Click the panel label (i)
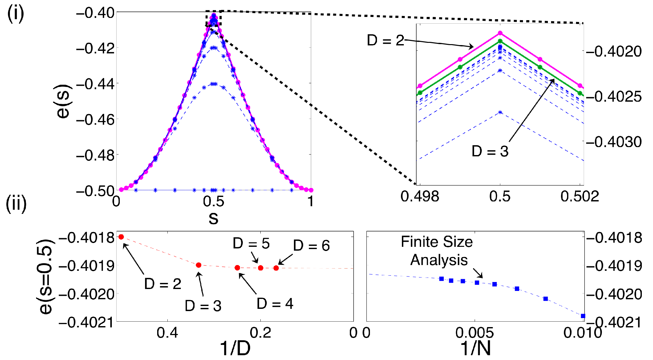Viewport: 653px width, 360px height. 15,14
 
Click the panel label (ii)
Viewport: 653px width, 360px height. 16,204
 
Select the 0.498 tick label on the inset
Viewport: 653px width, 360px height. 420,196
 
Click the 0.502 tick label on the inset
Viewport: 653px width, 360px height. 580,196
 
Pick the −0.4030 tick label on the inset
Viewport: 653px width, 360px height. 614,142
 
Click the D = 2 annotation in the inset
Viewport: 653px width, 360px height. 386,41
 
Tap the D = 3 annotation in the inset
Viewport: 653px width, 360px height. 490,151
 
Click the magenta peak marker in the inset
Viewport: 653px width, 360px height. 500,33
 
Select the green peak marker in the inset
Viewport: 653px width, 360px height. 500,41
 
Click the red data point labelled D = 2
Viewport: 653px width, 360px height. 121,237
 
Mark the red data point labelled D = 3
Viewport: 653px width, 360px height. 198,265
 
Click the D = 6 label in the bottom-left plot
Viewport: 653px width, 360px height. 311,246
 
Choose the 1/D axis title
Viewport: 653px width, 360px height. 235,348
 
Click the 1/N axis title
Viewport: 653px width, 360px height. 476,348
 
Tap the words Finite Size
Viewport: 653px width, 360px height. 437,242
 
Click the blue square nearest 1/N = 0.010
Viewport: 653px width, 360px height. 583,316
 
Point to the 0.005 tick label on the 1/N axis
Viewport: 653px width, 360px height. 475,333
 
